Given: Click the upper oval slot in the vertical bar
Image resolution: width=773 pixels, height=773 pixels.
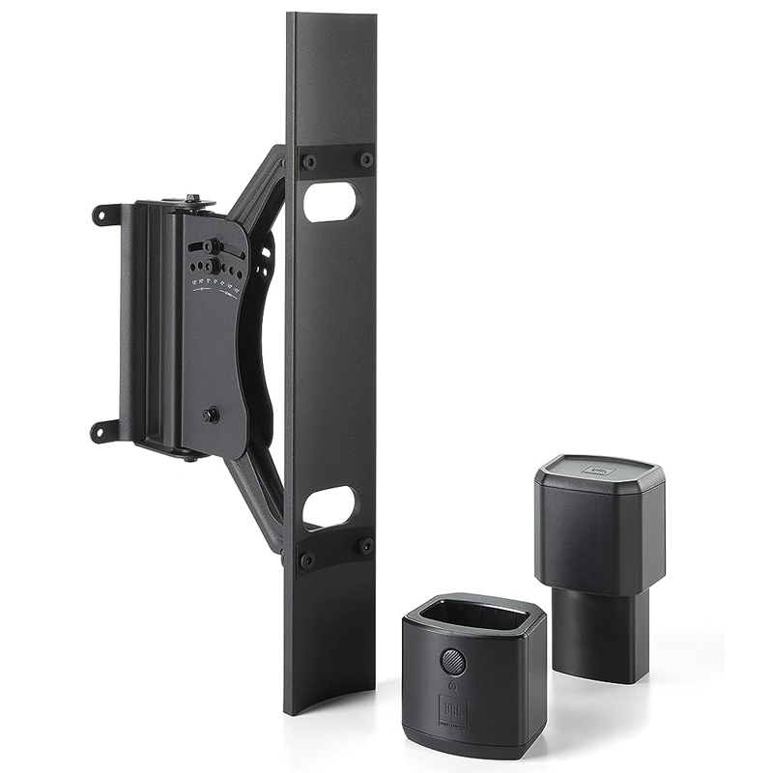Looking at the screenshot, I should coord(329,202).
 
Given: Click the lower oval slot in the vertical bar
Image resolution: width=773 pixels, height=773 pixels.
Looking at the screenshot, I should coord(329,506).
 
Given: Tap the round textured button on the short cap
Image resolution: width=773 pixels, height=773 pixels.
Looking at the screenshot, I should coord(453,662).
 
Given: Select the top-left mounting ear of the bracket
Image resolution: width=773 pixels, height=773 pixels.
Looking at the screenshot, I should coord(104,215).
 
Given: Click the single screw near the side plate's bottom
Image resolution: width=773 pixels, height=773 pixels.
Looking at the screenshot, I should coord(210,415).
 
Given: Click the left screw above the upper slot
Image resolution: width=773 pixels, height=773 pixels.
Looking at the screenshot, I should coord(308,161).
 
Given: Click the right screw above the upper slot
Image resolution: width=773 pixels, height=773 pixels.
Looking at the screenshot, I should coord(366,159).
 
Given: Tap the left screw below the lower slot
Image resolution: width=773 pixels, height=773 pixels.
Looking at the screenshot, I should coord(307,559).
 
